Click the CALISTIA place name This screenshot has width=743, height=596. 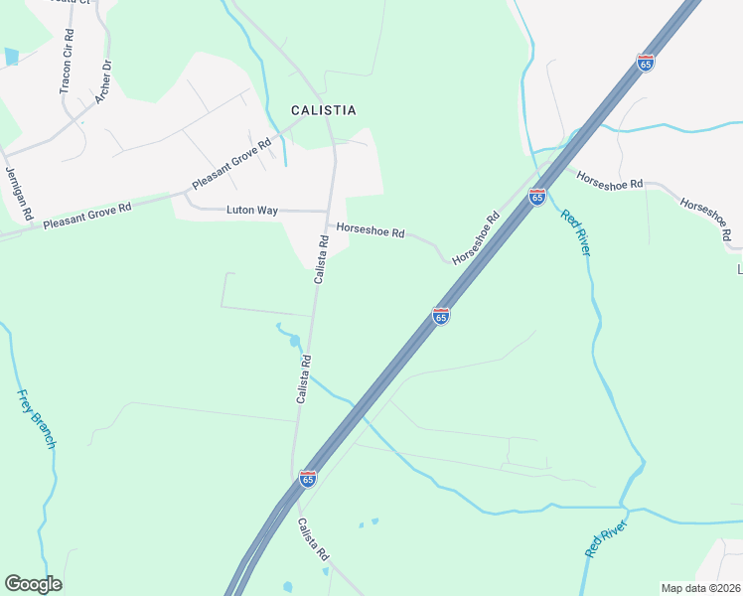[x=323, y=110]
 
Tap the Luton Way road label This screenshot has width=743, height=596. [x=252, y=210]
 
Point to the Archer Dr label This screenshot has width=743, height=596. [x=102, y=80]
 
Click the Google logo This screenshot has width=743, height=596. [x=33, y=583]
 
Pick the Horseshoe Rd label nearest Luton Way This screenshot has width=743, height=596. [x=371, y=230]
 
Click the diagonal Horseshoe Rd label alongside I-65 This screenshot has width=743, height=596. [x=475, y=239]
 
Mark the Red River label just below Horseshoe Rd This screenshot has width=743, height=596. [x=575, y=233]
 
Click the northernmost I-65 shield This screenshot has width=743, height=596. [x=646, y=63]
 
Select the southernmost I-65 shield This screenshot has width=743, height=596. [x=308, y=480]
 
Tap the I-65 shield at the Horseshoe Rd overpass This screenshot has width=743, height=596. [x=536, y=197]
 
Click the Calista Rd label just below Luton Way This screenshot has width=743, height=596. [x=322, y=260]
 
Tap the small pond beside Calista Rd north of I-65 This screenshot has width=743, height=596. [x=294, y=342]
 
